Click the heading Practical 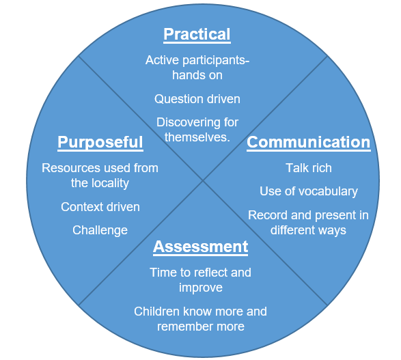point(197,35)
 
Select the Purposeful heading point(100,143)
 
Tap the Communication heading point(309,143)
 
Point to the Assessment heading point(201,247)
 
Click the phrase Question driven point(197,99)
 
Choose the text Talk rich point(309,168)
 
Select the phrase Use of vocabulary point(309,191)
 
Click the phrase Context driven point(100,207)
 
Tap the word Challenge point(100,230)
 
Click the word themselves point(197,137)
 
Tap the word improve point(201,288)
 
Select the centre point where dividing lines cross point(203,180)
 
